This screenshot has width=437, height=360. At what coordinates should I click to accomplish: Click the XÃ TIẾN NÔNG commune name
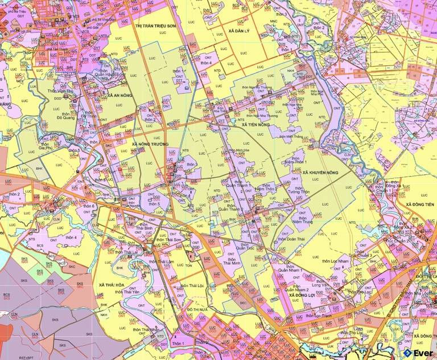(255, 124)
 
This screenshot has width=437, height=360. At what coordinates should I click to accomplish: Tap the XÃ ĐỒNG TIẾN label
(420, 203)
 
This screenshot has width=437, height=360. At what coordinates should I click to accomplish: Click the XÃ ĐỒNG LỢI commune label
(302, 296)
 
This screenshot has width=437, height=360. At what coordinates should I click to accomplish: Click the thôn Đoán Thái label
(291, 239)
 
